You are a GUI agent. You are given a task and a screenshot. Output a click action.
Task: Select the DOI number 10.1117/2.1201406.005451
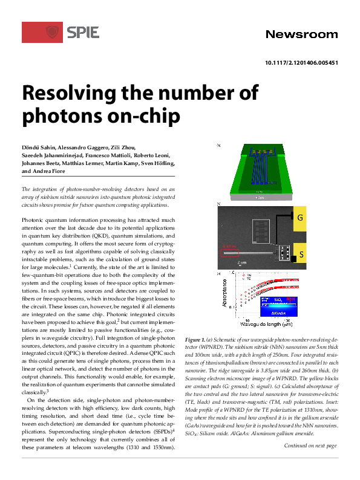pyautogui.click(x=301, y=63)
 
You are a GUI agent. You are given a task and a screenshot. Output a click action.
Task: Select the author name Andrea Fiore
pyautogui.click(x=53, y=171)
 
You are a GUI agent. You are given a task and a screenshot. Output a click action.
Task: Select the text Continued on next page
pyautogui.click(x=310, y=446)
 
